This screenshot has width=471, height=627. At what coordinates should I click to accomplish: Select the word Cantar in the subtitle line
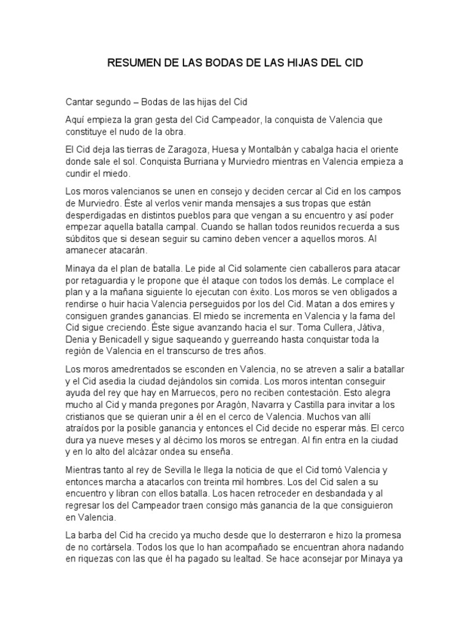81,101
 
